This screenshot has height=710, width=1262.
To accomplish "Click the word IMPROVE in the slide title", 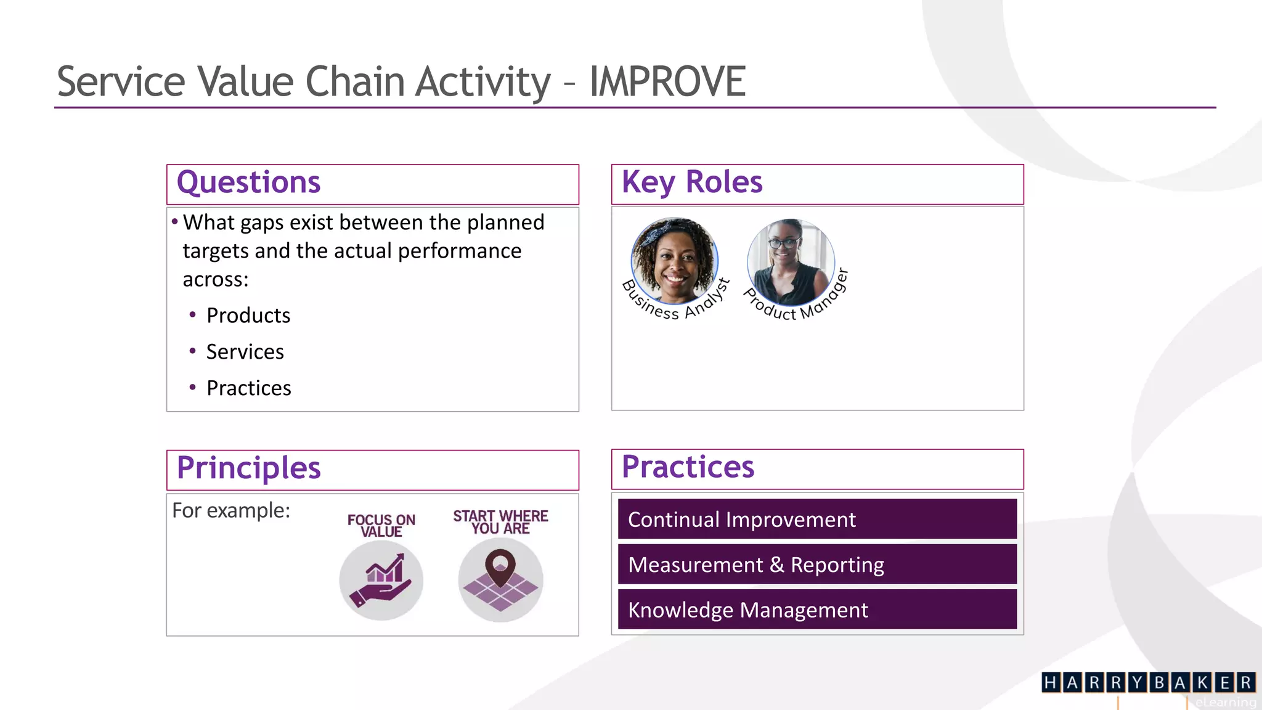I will tap(667, 81).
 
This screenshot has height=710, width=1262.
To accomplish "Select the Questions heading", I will tap(248, 182).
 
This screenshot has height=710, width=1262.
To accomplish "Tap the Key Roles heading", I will tap(692, 182).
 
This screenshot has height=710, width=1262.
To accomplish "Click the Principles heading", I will tap(248, 468).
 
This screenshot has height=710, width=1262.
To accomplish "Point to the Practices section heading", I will tap(688, 467).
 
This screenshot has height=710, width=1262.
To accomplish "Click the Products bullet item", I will tap(248, 316).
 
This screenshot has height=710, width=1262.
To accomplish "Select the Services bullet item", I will tap(245, 352).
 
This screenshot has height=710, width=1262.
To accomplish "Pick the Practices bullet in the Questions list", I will tap(248, 388).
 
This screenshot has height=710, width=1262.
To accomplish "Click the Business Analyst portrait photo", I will tap(674, 260).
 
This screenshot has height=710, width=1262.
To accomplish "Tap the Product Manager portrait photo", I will tap(791, 262).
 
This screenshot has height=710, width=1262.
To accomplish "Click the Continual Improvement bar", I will tap(817, 520).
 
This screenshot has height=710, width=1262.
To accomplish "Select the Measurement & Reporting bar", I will tap(817, 565).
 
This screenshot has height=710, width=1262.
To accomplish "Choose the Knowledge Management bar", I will tap(817, 610).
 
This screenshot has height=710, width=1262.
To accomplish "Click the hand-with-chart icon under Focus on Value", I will tap(381, 580).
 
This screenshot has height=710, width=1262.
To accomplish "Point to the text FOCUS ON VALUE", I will tap(381, 525).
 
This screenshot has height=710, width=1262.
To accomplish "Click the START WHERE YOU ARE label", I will tap(500, 522).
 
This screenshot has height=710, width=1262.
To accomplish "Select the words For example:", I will tap(231, 510).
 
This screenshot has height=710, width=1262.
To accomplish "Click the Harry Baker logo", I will tap(1148, 682).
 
